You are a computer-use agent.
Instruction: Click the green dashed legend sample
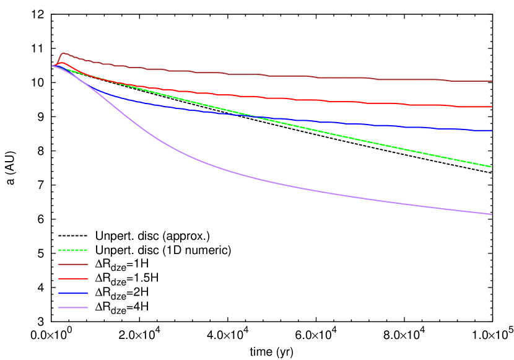click(x=72, y=250)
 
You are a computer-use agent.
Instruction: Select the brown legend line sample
click(x=72, y=264)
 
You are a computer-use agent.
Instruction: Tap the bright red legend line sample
click(x=72, y=279)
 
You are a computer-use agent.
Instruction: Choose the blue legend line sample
click(x=72, y=293)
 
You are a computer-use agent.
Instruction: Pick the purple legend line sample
click(x=72, y=307)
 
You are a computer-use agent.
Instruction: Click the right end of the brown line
click(x=492, y=81)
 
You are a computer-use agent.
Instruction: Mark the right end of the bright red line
click(x=492, y=107)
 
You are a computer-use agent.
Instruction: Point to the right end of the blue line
click(x=492, y=131)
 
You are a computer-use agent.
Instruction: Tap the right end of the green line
click(x=492, y=167)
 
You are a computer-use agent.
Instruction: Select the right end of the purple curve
click(x=492, y=214)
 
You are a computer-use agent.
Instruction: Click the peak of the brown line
click(x=63, y=53)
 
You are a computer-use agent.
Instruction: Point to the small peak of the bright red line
click(x=61, y=63)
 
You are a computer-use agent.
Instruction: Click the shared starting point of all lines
click(x=53, y=66)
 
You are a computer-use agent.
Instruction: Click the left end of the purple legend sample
click(x=59, y=307)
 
